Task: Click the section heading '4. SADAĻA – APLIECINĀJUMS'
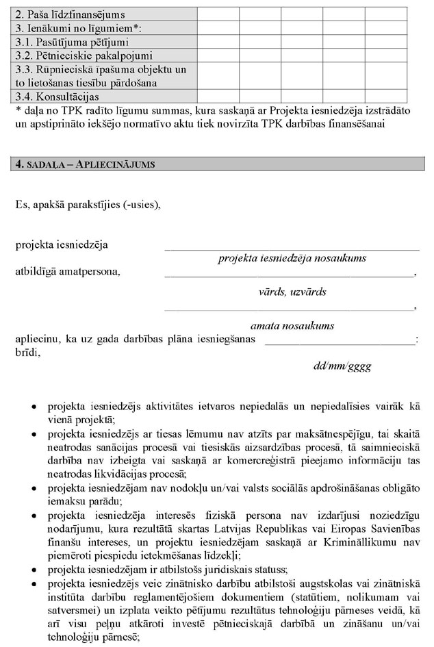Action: (x=86, y=164)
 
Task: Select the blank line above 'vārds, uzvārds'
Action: (x=289, y=274)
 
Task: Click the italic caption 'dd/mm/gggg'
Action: (x=342, y=366)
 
